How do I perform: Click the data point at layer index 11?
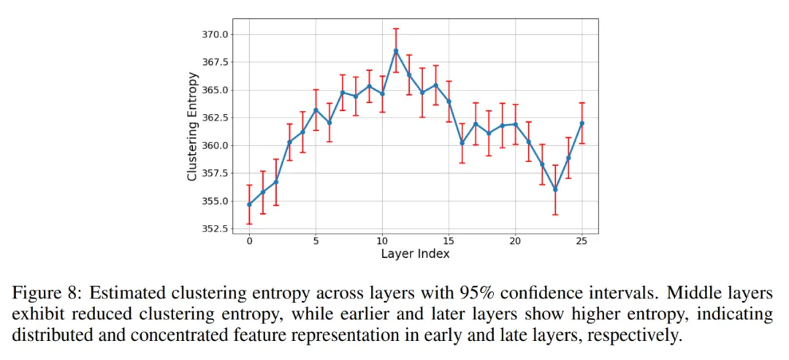pos(395,51)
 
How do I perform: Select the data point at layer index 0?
pos(249,204)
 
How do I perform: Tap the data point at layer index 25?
pos(582,123)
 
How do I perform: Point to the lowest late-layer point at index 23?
pos(555,189)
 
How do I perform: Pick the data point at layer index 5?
pos(316,110)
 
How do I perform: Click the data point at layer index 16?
pos(462,142)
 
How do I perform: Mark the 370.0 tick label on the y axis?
pos(216,34)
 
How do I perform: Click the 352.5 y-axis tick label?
pos(216,229)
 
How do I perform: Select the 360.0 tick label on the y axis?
pos(216,145)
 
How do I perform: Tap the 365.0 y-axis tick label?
pos(216,90)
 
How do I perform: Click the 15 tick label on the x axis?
pos(449,242)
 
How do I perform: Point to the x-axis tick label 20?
pos(515,242)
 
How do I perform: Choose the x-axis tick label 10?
pos(382,242)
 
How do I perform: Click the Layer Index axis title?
pos(415,254)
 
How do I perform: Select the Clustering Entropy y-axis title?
pos(192,126)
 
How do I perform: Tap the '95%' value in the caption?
pos(481,294)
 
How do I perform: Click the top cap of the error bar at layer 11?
pos(395,28)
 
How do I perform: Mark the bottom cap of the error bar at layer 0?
pos(249,223)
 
